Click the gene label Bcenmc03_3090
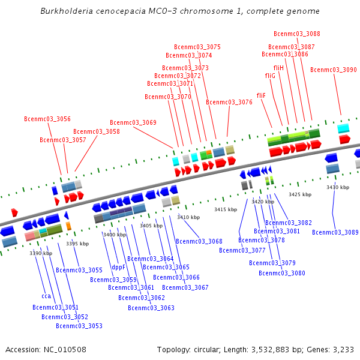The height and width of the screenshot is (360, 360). tap(333, 70)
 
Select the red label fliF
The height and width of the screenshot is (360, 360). tap(261, 95)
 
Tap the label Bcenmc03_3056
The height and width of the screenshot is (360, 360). tap(47, 119)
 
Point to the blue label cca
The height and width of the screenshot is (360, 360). tap(46, 296)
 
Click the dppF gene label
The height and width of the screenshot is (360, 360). tap(118, 267)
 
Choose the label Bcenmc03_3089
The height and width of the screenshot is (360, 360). tap(335, 232)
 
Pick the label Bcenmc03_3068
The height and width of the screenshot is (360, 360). tap(199, 241)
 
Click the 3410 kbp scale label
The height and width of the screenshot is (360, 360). tap(188, 217)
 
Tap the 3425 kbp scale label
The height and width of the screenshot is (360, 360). tap(300, 194)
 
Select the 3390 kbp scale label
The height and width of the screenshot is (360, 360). tap(41, 253)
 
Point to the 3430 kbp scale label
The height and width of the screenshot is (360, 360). tap(338, 187)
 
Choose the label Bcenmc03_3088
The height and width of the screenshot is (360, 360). tap(296, 34)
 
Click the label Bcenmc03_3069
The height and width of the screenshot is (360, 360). tap(133, 122)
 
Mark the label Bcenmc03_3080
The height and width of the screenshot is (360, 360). tap(281, 273)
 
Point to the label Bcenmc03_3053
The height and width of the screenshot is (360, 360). tap(79, 326)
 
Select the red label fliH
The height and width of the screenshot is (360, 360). tap(278, 68)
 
